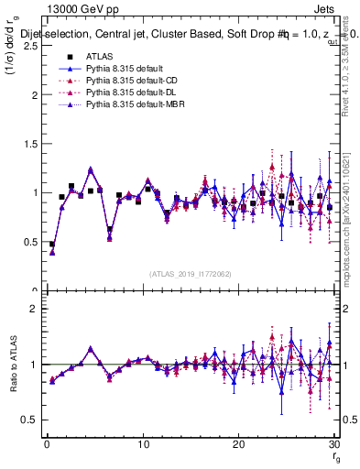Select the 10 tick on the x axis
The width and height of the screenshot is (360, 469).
click(x=143, y=444)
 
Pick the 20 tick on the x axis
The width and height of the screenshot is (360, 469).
click(x=239, y=444)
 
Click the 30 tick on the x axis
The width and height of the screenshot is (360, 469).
click(x=334, y=444)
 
